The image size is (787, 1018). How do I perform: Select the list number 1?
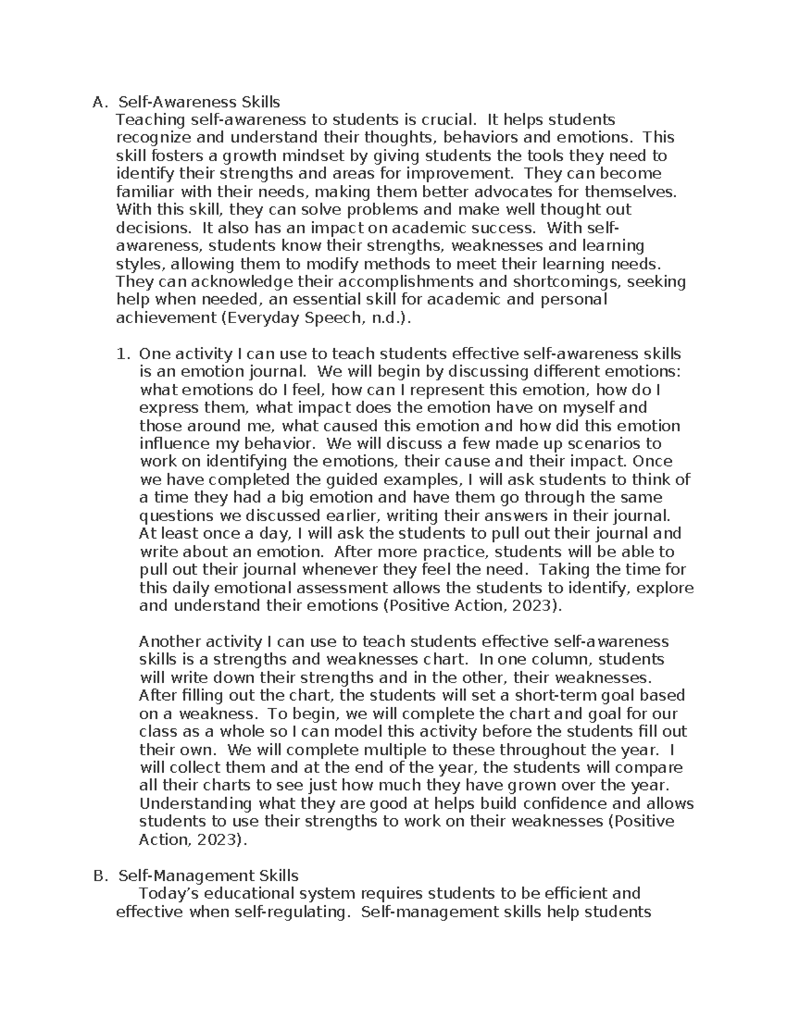tap(122, 354)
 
